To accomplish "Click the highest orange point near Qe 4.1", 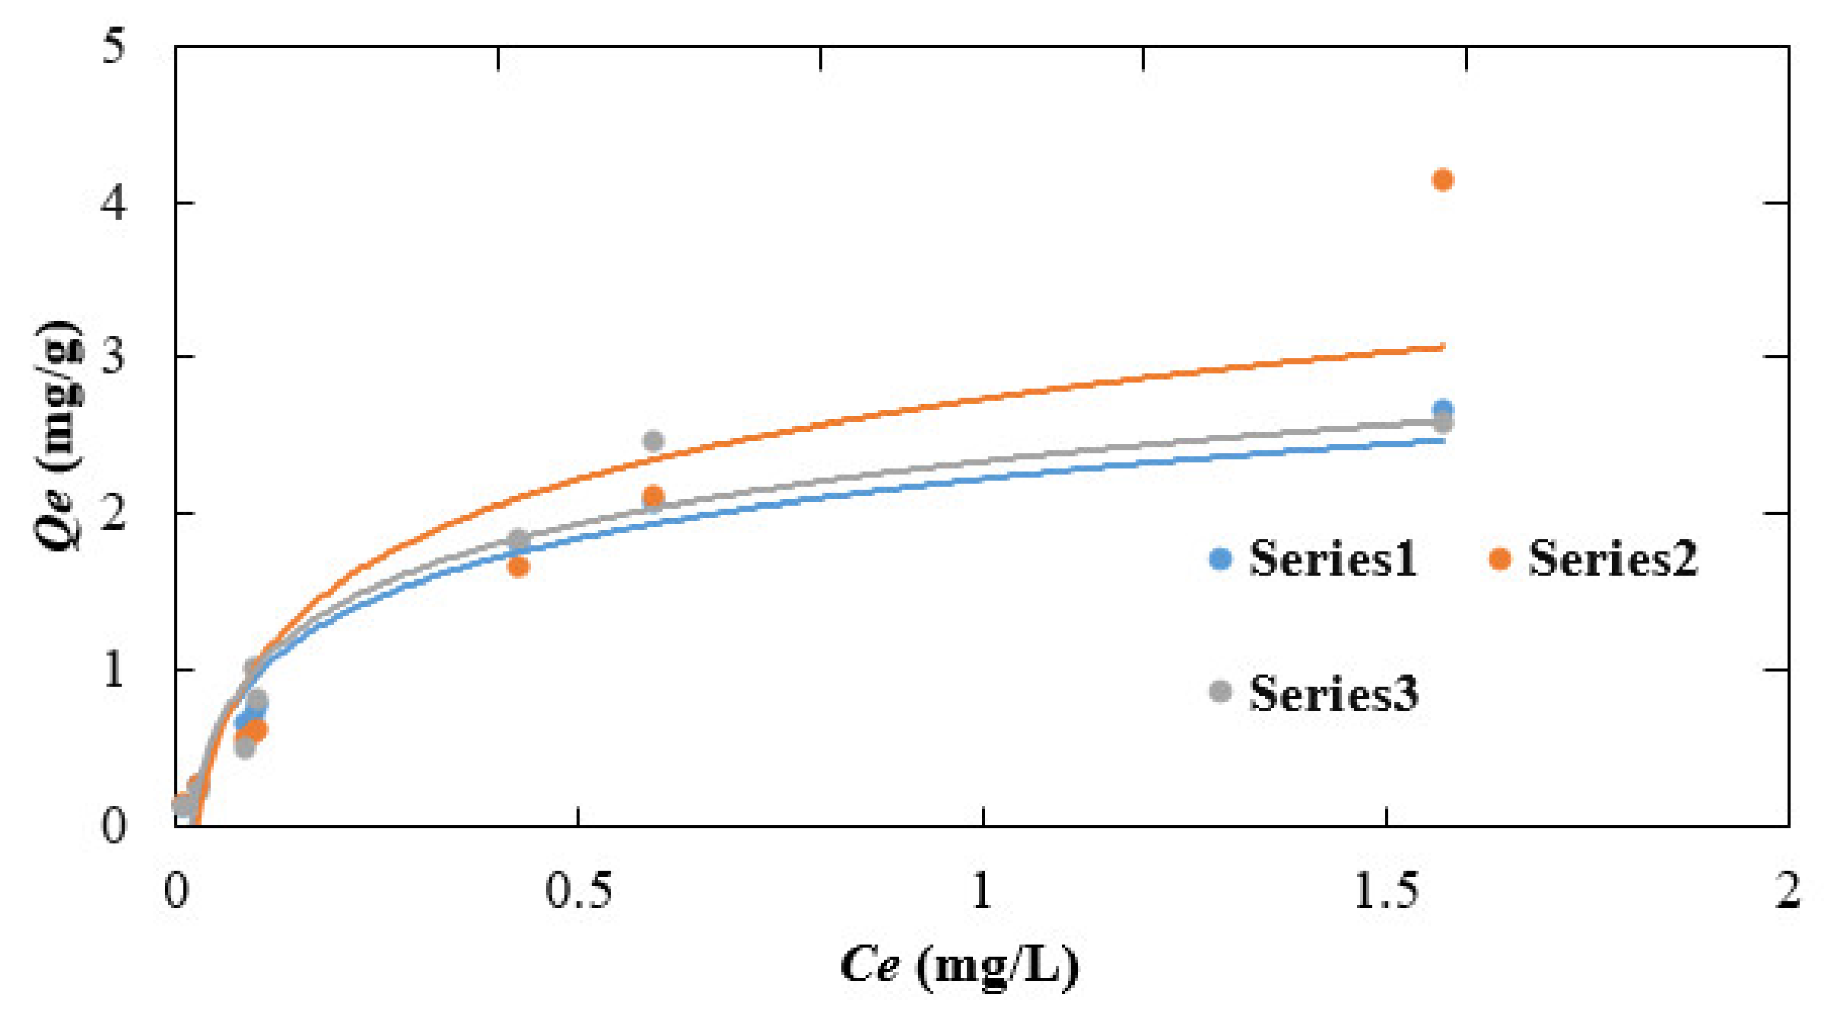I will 1442,180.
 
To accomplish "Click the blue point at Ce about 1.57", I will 1442,409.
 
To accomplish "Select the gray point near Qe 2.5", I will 653,441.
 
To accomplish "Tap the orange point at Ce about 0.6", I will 653,496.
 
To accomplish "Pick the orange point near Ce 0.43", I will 518,567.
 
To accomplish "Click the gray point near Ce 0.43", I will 518,539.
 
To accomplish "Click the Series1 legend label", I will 1332,559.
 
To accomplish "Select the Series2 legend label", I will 1613,559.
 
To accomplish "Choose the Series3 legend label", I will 1333,694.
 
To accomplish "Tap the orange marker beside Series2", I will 1499,559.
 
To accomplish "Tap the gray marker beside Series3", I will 1220,692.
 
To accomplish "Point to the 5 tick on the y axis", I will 114,47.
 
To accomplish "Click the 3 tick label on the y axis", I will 114,356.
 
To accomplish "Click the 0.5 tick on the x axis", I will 578,891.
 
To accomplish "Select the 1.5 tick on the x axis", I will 1386,891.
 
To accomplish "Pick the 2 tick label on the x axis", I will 1788,891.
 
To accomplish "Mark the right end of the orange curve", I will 1442,348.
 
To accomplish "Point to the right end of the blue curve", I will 1442,440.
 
